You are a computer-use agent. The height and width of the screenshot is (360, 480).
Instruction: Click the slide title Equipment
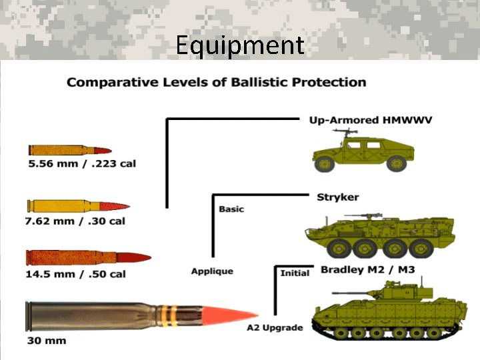coord(240,45)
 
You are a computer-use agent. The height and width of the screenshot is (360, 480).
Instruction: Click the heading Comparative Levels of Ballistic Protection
coord(217,83)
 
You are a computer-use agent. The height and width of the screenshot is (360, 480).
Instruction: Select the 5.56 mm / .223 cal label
coord(81,163)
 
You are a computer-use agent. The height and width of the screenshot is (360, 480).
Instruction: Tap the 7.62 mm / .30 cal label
coord(75,220)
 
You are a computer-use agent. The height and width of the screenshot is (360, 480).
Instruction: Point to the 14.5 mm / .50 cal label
coord(75,273)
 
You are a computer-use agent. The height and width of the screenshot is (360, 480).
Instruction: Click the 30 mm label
coord(46,341)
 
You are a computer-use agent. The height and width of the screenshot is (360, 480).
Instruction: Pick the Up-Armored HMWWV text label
coord(371,120)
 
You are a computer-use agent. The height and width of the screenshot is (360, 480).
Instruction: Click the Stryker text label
coord(337,197)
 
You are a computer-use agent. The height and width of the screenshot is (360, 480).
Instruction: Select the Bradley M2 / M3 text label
coord(361,270)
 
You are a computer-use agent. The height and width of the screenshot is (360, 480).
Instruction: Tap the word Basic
coord(231,209)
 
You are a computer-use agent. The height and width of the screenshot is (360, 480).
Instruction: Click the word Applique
coord(212,271)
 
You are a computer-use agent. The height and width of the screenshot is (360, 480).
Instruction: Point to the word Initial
coord(294,273)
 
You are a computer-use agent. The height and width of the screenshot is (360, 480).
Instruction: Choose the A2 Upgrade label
coord(275,328)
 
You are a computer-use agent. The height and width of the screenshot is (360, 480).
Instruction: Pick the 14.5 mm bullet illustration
coord(87,258)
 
